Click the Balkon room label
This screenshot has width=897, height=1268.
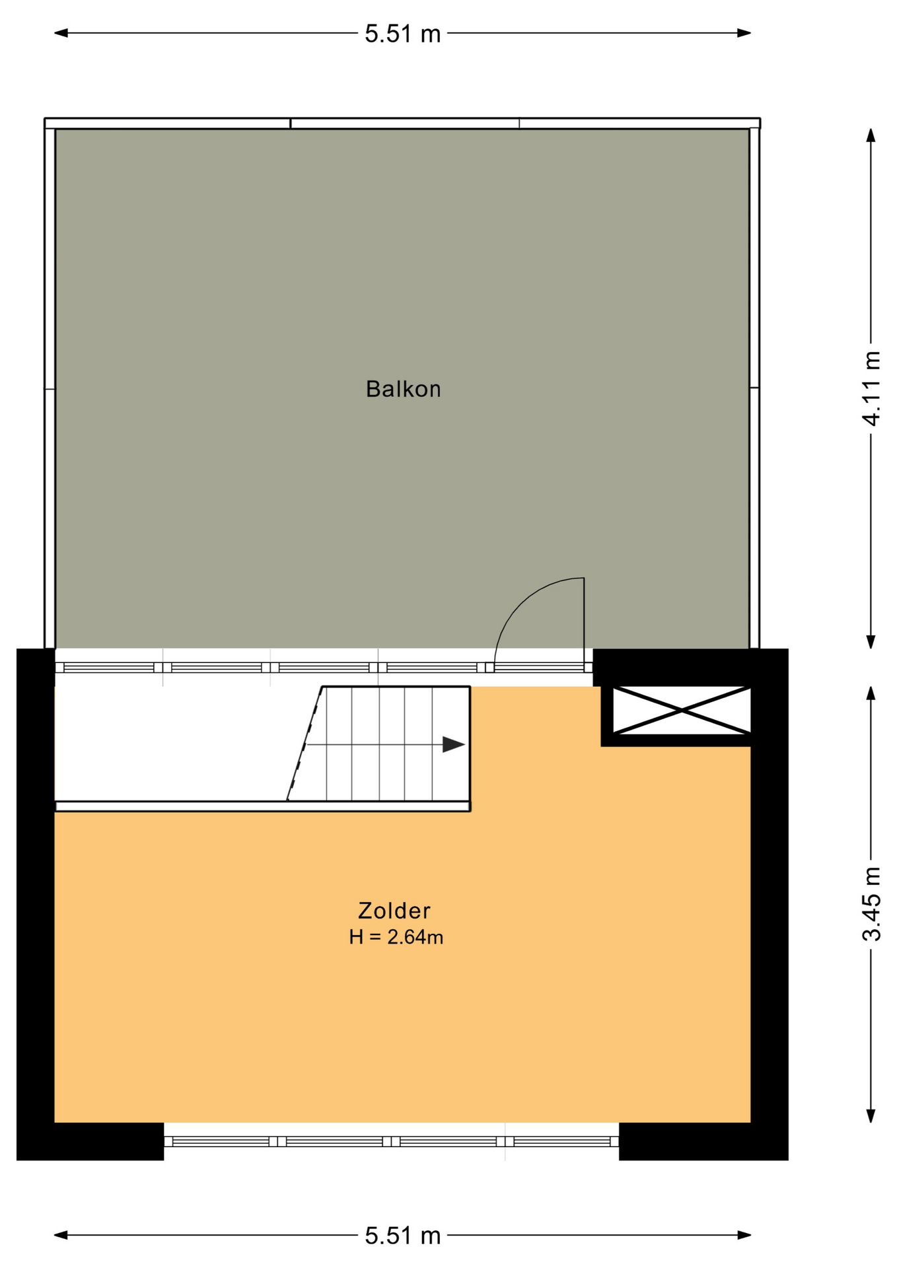(x=403, y=389)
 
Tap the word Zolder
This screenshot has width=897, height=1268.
(x=394, y=911)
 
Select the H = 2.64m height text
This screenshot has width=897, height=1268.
(x=396, y=937)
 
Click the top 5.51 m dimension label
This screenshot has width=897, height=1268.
(x=402, y=34)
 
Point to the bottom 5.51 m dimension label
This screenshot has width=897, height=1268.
(x=402, y=1236)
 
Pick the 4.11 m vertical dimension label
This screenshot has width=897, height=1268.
(x=871, y=388)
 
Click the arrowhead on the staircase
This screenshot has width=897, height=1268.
(x=454, y=744)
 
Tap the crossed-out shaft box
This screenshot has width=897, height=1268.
(x=682, y=711)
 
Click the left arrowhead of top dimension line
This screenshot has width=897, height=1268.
(x=61, y=33)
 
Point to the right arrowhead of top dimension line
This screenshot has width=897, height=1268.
(x=744, y=33)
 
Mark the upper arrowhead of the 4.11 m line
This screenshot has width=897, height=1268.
(x=871, y=135)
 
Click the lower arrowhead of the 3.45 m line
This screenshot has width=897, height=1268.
(x=871, y=1115)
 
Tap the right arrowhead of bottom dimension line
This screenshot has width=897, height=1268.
(x=744, y=1235)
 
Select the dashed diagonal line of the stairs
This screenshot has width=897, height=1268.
(x=305, y=744)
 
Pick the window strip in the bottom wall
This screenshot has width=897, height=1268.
(x=391, y=1141)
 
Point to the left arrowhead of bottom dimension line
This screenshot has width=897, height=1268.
(x=61, y=1235)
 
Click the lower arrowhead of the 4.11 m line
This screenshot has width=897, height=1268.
(x=871, y=641)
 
